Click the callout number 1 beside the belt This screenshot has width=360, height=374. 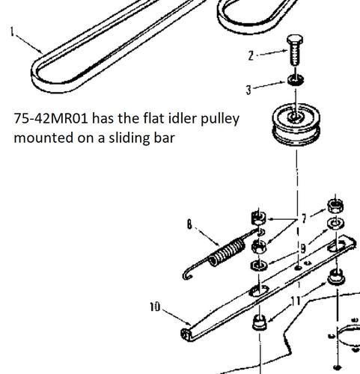(x=12, y=32)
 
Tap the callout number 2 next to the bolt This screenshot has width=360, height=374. (x=251, y=55)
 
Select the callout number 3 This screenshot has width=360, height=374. (x=248, y=90)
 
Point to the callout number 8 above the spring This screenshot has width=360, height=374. (x=190, y=224)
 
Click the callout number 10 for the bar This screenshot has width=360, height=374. (x=155, y=307)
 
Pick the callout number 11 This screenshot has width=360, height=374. (x=296, y=302)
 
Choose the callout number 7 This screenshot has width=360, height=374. (x=304, y=219)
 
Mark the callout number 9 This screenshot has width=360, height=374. (x=303, y=248)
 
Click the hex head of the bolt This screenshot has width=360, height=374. (x=295, y=40)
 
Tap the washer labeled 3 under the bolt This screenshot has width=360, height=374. (x=296, y=80)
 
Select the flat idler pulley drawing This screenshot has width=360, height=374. (x=296, y=123)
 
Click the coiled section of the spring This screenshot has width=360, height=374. (x=227, y=252)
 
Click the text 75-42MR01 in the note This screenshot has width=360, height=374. (x=51, y=118)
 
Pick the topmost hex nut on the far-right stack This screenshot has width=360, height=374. (x=335, y=206)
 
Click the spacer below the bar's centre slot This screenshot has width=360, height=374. (x=260, y=322)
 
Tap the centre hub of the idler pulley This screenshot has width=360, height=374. (x=296, y=117)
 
